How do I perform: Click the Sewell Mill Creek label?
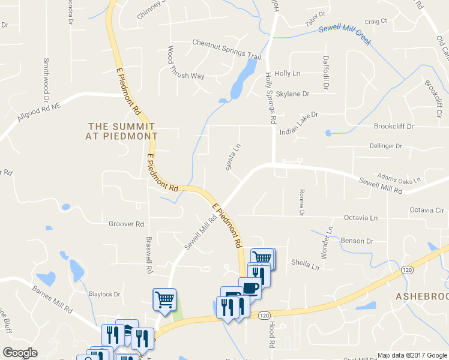tap(345, 36)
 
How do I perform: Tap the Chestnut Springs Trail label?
tap(226, 49)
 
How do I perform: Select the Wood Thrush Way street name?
tap(186, 76)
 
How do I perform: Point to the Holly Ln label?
tap(287, 73)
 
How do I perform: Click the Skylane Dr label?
tap(292, 94)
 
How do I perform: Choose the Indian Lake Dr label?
tap(298, 114)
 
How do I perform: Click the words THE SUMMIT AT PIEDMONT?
tap(121, 131)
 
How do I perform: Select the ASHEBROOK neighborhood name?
tap(422, 296)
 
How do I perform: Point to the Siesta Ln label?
tap(233, 156)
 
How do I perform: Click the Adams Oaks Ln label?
tap(399, 178)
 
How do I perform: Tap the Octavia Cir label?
tap(426, 210)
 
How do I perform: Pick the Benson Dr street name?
tap(357, 241)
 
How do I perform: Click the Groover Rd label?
tap(126, 224)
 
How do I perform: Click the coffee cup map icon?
tap(250, 287)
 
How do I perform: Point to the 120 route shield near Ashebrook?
tap(406, 271)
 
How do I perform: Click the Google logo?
tap(20, 353)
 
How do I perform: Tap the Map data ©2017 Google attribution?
tap(412, 355)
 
